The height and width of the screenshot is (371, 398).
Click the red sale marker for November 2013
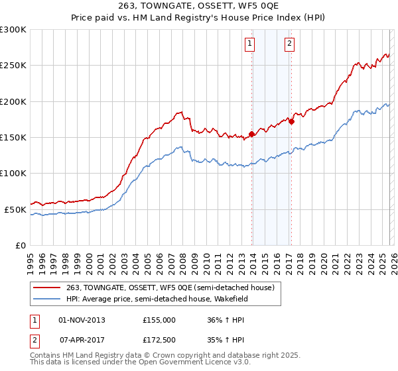click(x=251, y=134)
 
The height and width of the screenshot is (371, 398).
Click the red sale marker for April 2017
click(x=291, y=121)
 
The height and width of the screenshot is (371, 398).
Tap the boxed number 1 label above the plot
click(x=250, y=44)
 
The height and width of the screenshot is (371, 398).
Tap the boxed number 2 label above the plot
click(x=290, y=44)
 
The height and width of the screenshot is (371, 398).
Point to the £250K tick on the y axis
click(x=13, y=66)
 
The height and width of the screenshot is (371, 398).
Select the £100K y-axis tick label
click(x=13, y=174)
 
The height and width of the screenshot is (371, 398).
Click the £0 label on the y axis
click(x=20, y=245)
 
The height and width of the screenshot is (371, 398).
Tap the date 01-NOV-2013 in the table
click(x=82, y=319)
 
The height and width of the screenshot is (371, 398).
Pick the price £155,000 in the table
click(x=159, y=319)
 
